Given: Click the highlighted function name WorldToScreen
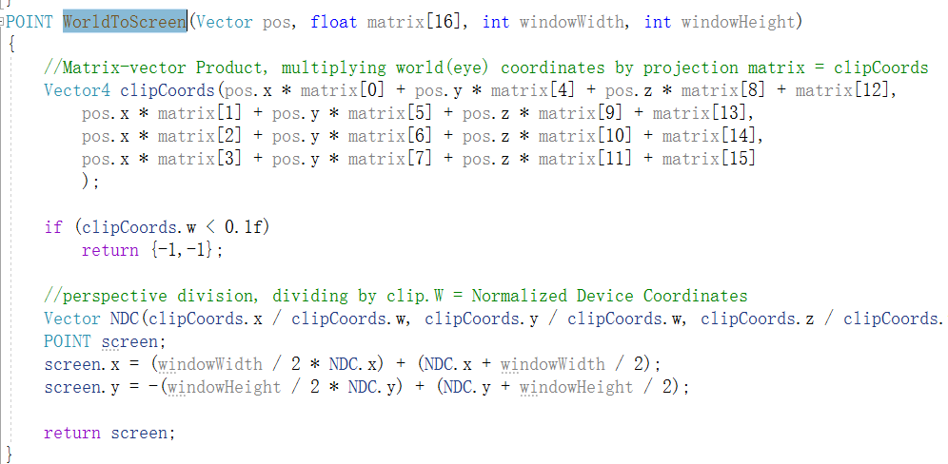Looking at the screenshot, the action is (125, 23).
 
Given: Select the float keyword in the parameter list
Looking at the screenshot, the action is (334, 23).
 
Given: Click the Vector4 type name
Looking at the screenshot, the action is (77, 90).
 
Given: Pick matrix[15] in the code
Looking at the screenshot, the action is (709, 159).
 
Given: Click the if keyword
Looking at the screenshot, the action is (53, 227).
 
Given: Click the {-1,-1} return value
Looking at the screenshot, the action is (182, 250).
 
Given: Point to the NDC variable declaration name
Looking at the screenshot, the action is (125, 319).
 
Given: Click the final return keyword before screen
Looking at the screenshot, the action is (72, 433).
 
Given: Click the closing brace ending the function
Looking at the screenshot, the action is (9, 454).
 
